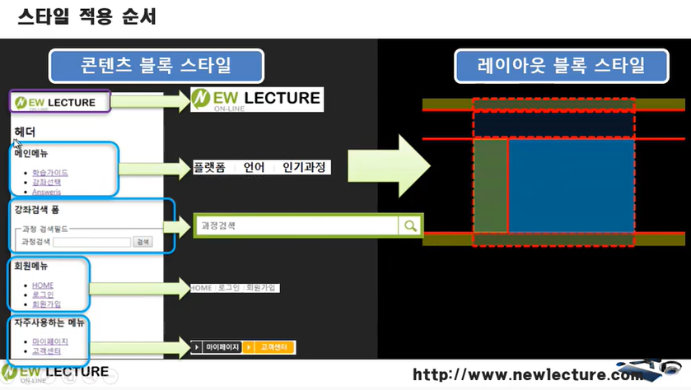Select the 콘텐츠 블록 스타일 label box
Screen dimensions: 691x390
pyautogui.click(x=156, y=65)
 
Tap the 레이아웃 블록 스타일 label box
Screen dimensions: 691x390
pyautogui.click(x=562, y=66)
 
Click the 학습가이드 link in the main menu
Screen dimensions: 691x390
pyautogui.click(x=50, y=173)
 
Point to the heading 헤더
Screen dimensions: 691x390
pyautogui.click(x=25, y=132)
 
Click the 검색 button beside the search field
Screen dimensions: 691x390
pyautogui.click(x=143, y=242)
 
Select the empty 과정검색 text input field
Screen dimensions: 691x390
pyautogui.click(x=91, y=242)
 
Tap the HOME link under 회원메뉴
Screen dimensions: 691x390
pyautogui.click(x=43, y=285)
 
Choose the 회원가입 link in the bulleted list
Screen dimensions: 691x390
pyautogui.click(x=46, y=304)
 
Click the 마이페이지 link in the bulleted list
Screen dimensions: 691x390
pyautogui.click(x=49, y=341)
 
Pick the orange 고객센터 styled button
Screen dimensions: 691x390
pyautogui.click(x=270, y=347)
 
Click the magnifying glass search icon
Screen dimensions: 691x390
pyautogui.click(x=409, y=225)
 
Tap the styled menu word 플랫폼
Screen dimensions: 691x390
pyautogui.click(x=209, y=167)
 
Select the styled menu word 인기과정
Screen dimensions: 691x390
pyautogui.click(x=304, y=167)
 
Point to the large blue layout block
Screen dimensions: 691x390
pyautogui.click(x=571, y=185)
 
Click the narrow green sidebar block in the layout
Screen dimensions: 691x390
pyautogui.click(x=490, y=185)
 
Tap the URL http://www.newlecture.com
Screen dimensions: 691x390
pyautogui.click(x=527, y=375)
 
